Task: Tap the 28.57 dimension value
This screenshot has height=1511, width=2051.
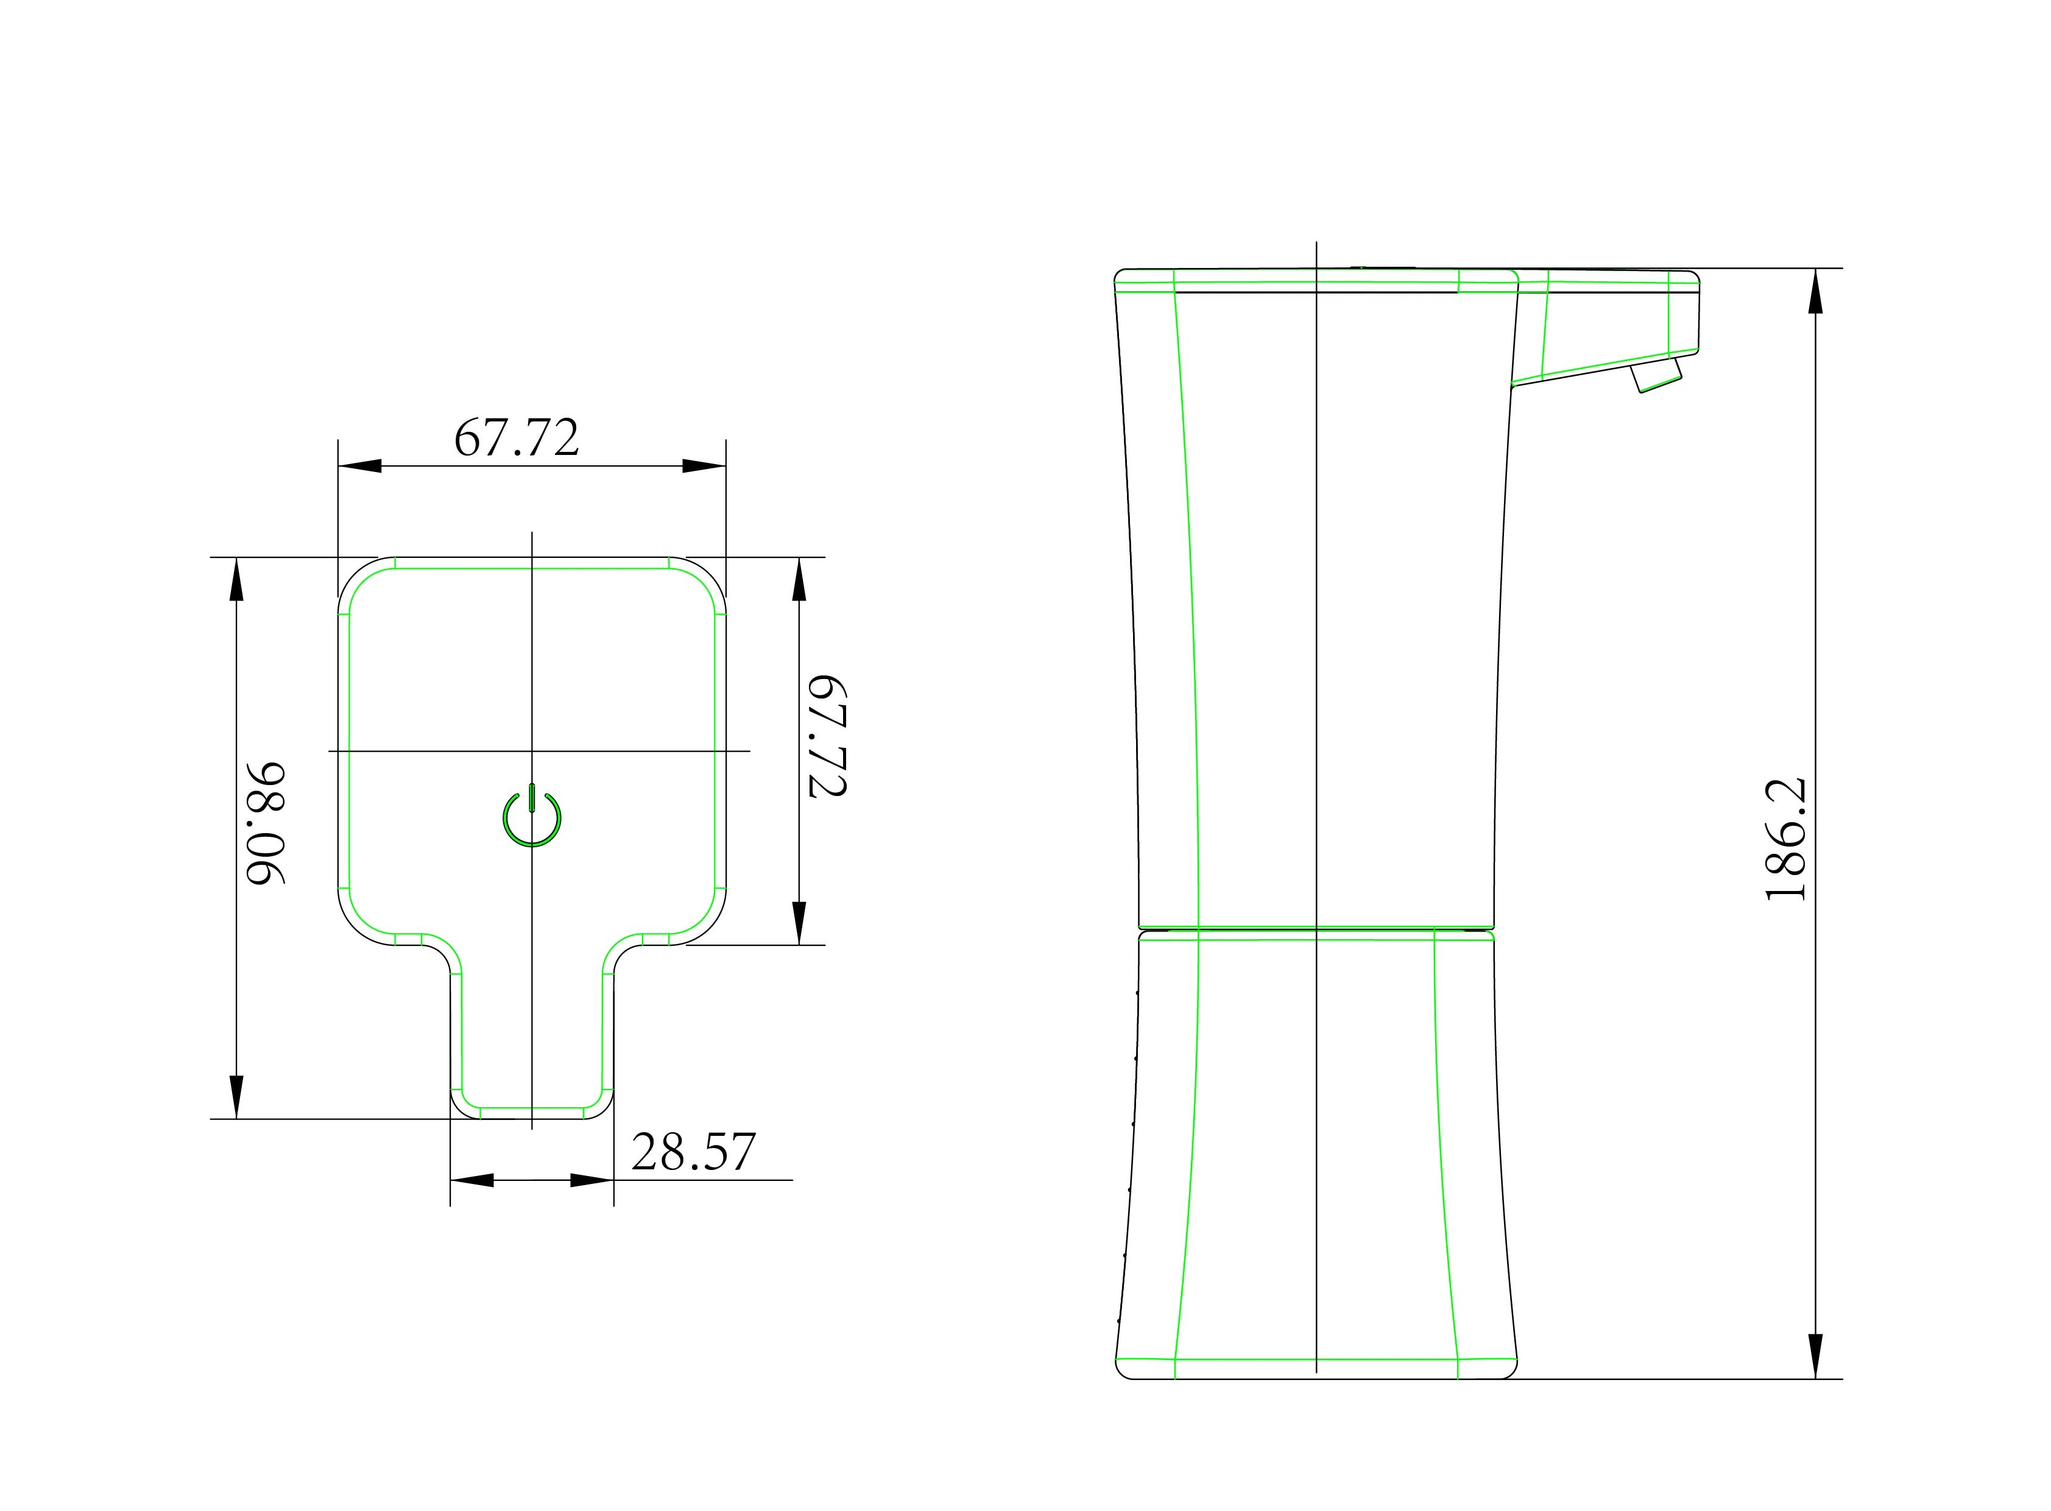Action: pyautogui.click(x=693, y=1152)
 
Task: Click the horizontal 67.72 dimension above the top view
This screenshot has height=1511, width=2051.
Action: pyautogui.click(x=517, y=437)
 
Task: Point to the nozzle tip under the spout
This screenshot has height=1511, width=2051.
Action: pyautogui.click(x=1656, y=375)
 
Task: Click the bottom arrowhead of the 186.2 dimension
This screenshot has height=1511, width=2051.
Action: pyautogui.click(x=1815, y=1356)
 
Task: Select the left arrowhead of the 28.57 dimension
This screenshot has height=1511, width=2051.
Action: pyautogui.click(x=472, y=1180)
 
